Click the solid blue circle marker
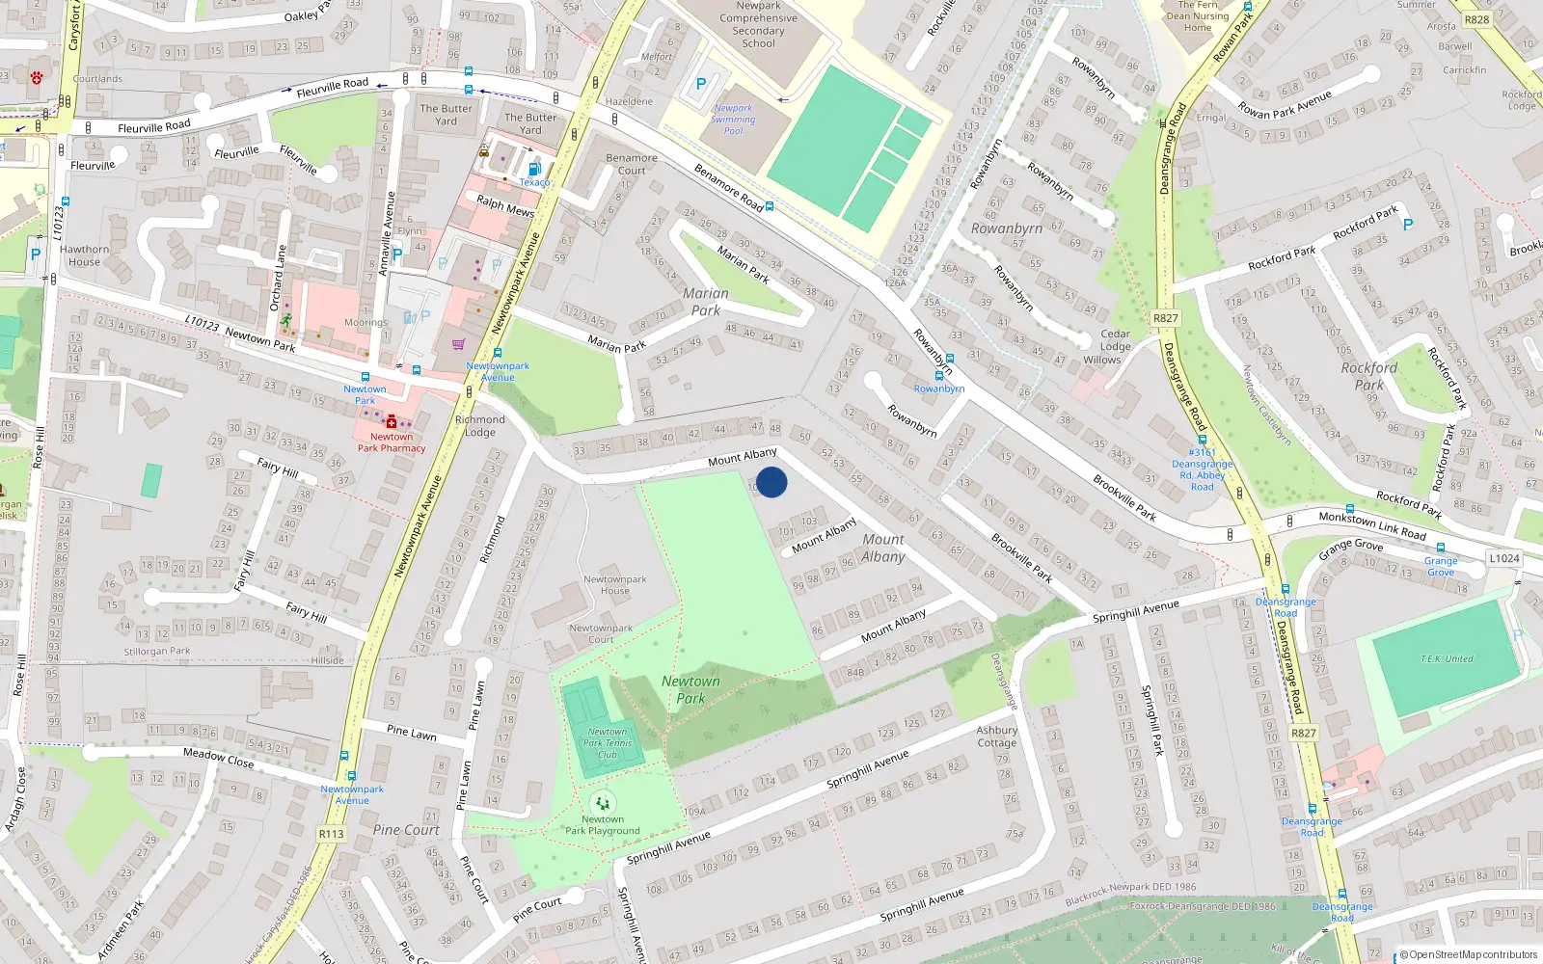click(771, 482)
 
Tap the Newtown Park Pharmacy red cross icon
click(392, 422)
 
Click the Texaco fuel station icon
click(534, 169)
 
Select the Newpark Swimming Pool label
click(733, 120)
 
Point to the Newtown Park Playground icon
click(603, 803)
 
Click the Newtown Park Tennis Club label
click(608, 742)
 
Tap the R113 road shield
click(331, 834)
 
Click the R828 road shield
click(1476, 19)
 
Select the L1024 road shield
click(1503, 558)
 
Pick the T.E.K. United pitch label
click(1447, 659)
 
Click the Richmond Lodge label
click(479, 426)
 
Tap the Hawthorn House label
click(84, 255)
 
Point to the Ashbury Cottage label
click(996, 736)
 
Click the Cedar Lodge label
click(1115, 340)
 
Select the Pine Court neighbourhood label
click(406, 830)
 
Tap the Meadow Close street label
click(218, 759)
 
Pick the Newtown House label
click(614, 585)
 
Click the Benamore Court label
click(632, 164)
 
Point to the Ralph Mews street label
click(505, 205)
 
